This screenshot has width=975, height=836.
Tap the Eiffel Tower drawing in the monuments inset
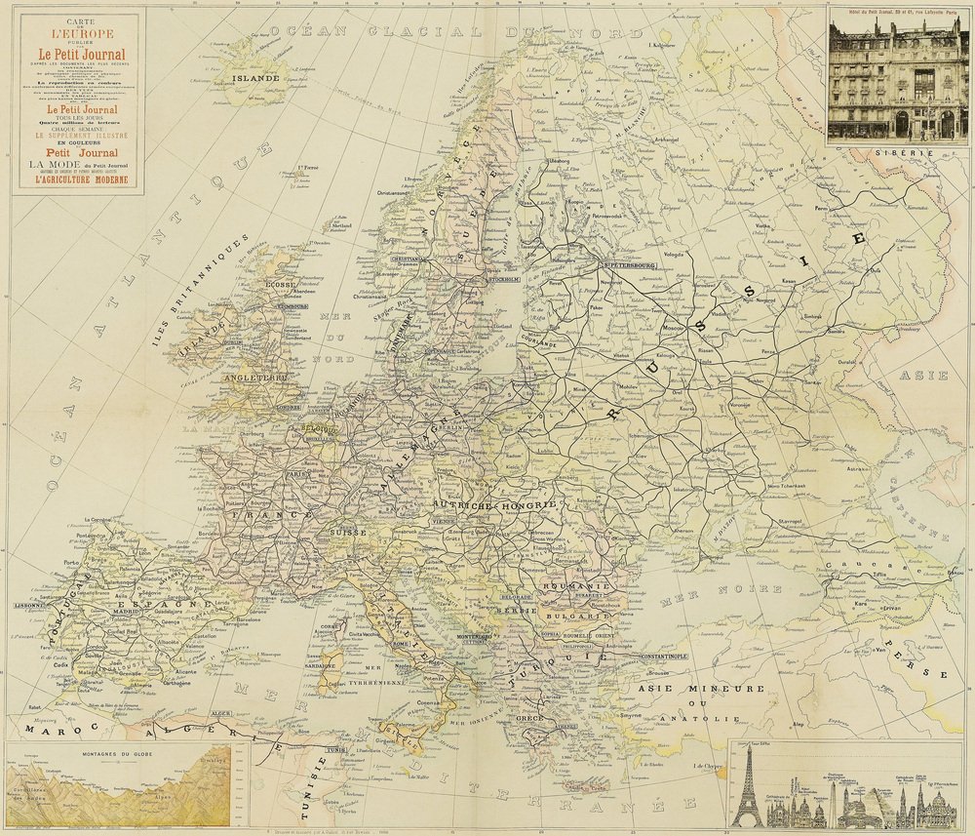point(748,788)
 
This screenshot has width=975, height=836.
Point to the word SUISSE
point(348,533)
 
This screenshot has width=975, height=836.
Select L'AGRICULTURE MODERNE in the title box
point(76,179)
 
